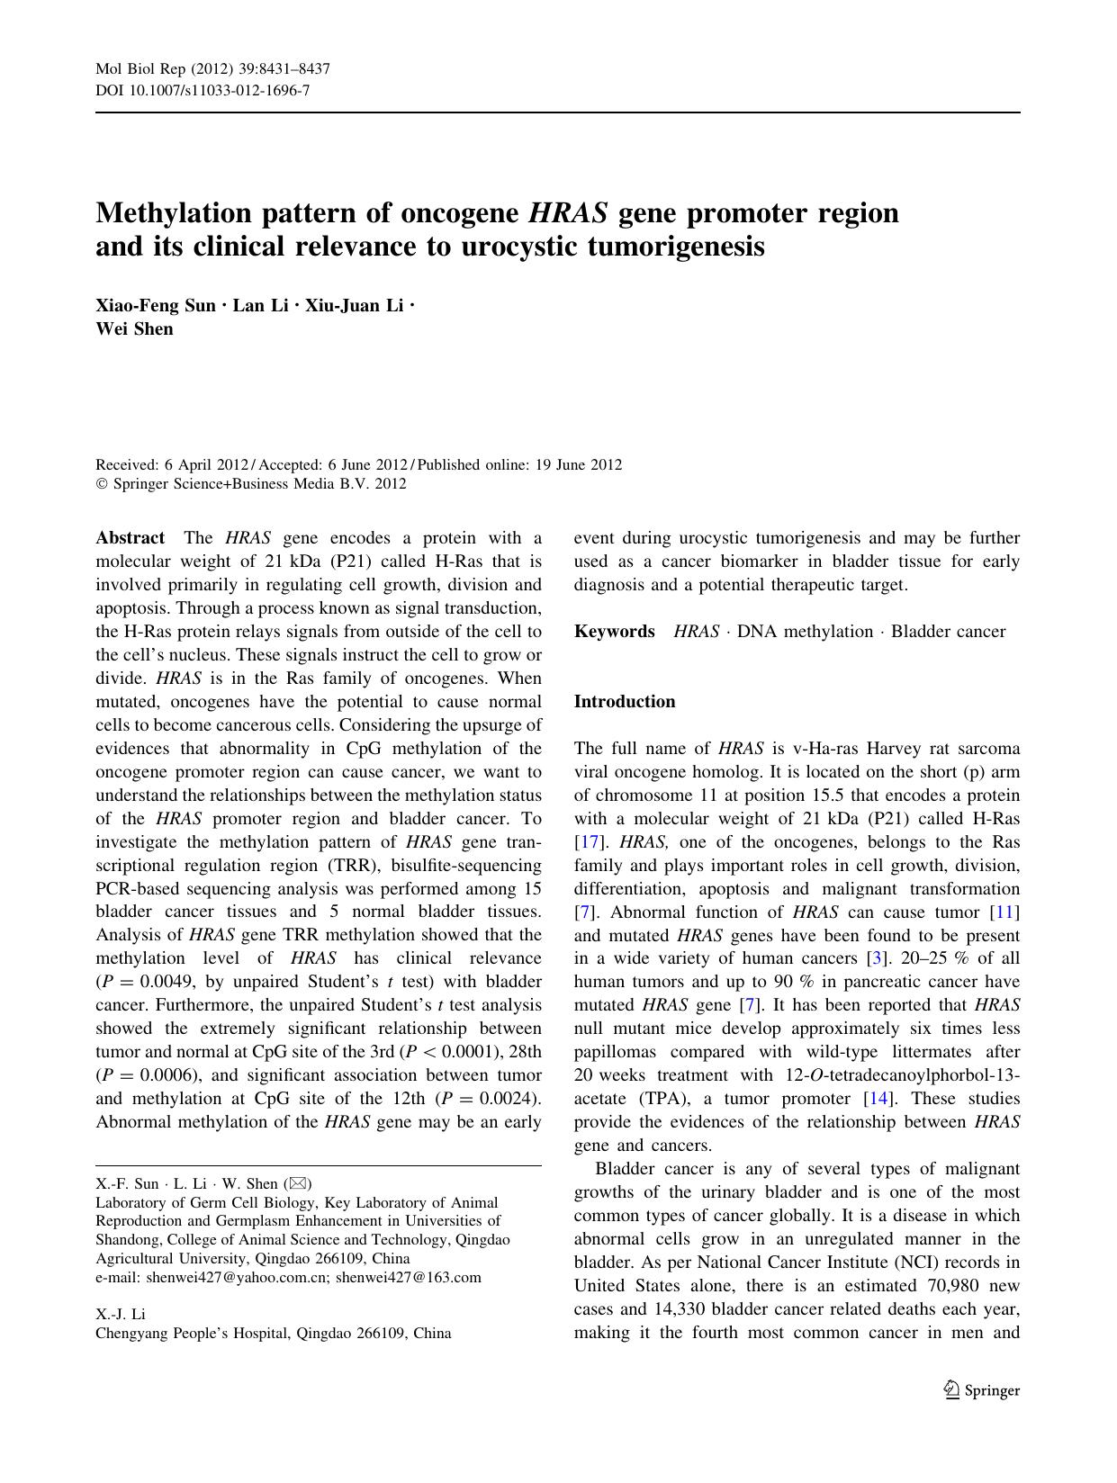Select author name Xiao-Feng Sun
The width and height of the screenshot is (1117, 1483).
[155, 305]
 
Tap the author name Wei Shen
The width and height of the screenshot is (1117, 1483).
[134, 328]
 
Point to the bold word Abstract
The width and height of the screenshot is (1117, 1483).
[130, 538]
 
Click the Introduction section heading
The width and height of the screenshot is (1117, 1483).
[624, 702]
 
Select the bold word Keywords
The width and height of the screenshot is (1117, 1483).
[614, 632]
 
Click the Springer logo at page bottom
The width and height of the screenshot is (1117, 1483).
[981, 1390]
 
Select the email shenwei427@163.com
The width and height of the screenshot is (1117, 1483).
[409, 1277]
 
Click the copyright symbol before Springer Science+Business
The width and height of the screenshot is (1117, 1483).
[101, 484]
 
